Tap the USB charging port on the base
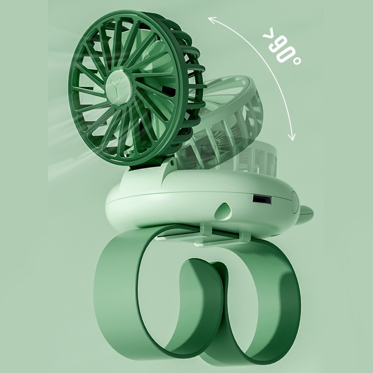tap(257, 199)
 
